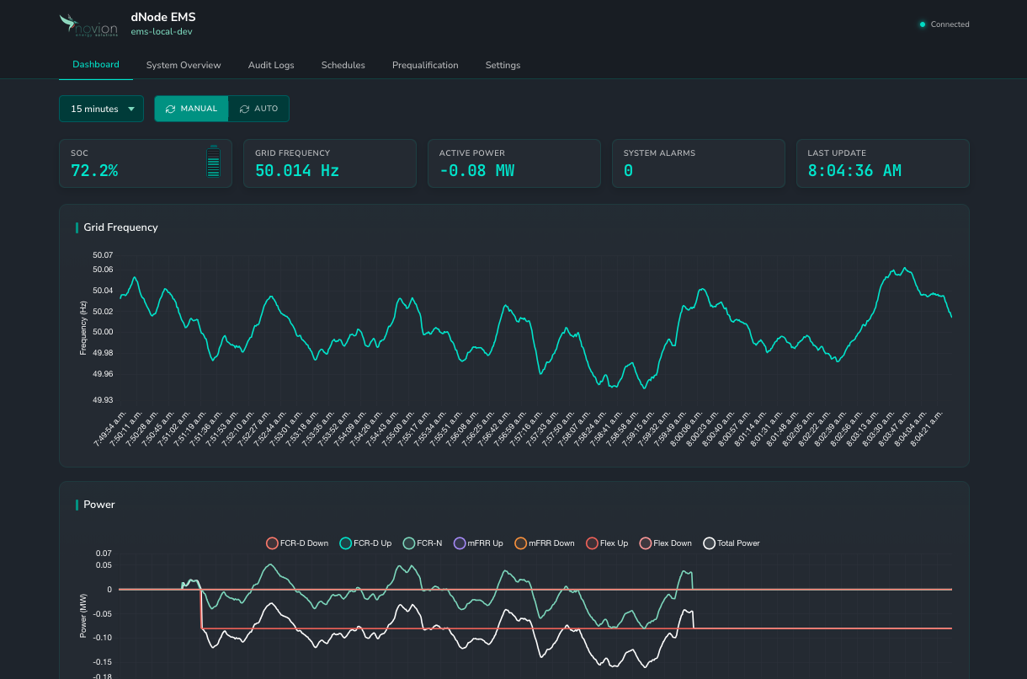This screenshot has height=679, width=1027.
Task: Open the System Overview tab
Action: (184, 65)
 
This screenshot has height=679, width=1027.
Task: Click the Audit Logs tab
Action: (271, 65)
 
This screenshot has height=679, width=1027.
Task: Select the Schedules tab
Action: (343, 65)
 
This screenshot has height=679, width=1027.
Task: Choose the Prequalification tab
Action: (425, 65)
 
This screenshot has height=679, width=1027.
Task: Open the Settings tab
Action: (503, 65)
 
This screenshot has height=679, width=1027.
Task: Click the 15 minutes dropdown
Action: (101, 109)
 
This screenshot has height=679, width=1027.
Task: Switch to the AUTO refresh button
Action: (258, 109)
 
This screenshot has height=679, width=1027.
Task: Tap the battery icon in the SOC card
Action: (213, 162)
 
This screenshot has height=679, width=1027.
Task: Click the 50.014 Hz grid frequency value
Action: (297, 171)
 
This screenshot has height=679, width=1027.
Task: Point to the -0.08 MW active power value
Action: (476, 171)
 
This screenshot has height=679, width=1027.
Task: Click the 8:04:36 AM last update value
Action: (854, 171)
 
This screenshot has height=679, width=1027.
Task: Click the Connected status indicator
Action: (945, 24)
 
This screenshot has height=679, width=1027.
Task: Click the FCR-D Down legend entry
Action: (297, 543)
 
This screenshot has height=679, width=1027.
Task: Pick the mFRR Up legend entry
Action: (478, 543)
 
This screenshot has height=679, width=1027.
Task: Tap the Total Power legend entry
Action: (732, 543)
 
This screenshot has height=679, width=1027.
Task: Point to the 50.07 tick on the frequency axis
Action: (103, 254)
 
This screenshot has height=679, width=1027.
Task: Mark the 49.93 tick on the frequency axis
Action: (103, 400)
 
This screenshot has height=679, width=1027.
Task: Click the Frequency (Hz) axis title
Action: (83, 328)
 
